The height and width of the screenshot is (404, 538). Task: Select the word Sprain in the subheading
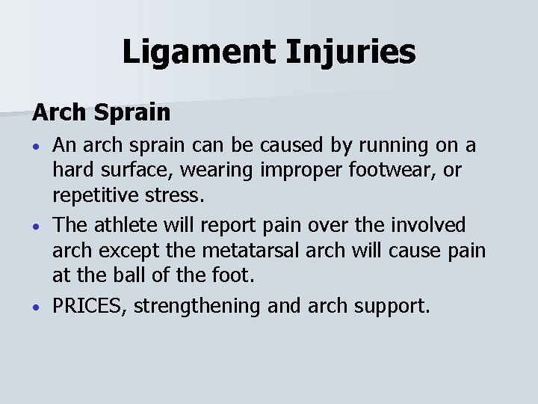point(134,113)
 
